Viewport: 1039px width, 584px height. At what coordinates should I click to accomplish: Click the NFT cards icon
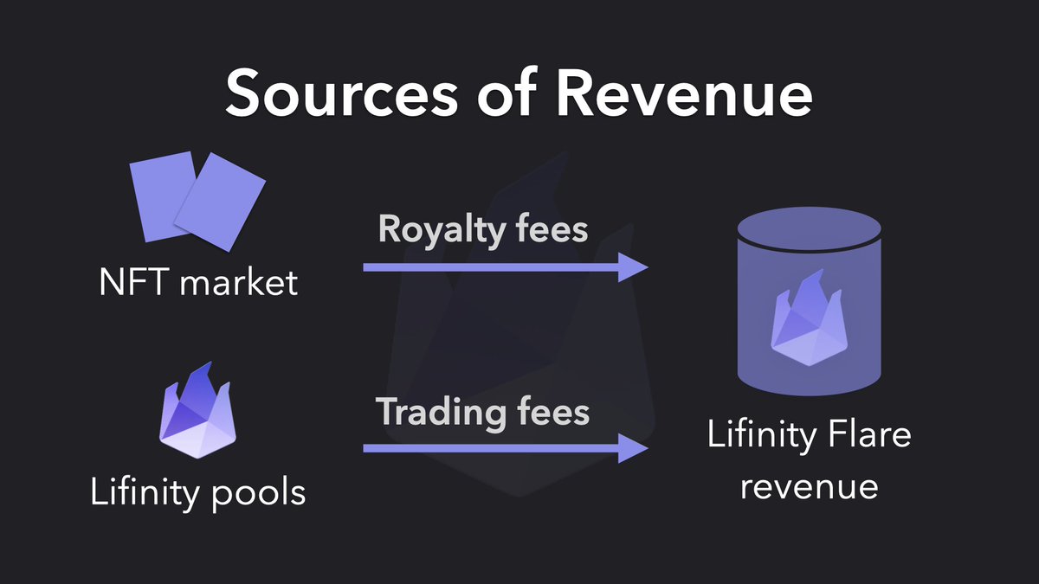(x=198, y=204)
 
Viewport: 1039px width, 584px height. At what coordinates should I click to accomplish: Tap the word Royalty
(x=436, y=230)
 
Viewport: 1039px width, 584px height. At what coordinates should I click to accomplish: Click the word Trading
(x=437, y=412)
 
